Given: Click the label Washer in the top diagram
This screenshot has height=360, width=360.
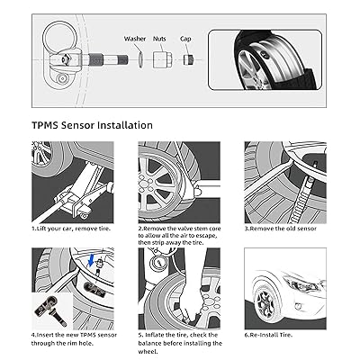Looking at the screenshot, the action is [135, 39].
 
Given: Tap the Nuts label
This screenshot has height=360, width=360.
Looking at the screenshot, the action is [159, 39].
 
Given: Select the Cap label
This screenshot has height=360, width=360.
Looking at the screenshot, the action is [185, 39].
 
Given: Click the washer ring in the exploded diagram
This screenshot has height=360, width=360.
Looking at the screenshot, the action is [140, 59].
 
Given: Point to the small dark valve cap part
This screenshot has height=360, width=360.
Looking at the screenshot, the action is [188, 59].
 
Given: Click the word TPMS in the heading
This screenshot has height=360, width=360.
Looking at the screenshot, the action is [45, 125].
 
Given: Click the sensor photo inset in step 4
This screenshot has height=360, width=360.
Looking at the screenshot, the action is [51, 310].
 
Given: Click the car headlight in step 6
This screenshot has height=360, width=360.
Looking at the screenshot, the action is [301, 283].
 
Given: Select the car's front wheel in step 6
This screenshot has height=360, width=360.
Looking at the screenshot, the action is [265, 301].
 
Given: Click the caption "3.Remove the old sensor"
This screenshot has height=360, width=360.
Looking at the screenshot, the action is [281, 229].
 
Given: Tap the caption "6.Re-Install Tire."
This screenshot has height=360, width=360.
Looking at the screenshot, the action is [268, 335].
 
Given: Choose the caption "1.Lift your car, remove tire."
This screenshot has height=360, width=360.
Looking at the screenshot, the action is [71, 229].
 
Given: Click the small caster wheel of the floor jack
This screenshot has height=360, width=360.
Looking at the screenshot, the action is [84, 215].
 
